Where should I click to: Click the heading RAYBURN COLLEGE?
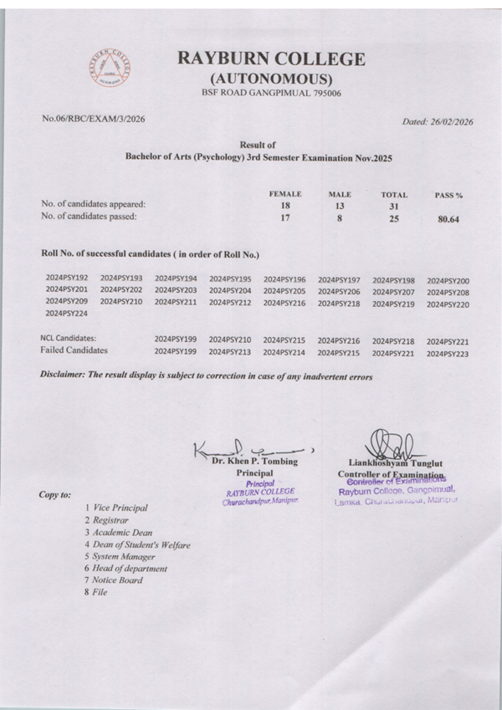[271, 59]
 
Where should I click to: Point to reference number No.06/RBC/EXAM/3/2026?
[94, 119]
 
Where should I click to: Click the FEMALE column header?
[284, 193]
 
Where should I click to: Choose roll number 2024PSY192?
[66, 279]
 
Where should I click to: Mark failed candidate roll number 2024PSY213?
[230, 353]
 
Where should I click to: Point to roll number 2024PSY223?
[448, 354]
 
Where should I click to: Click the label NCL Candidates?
[69, 338]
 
